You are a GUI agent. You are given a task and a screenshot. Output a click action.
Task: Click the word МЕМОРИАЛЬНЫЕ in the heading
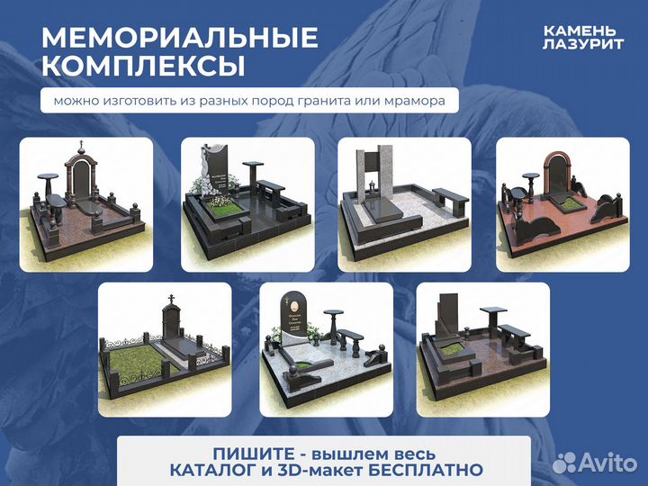(180, 38)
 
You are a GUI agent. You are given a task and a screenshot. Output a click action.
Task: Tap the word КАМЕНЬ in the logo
(580, 31)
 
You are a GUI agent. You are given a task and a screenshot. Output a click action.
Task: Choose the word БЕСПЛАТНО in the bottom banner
(432, 470)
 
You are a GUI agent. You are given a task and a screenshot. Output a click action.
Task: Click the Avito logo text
(608, 463)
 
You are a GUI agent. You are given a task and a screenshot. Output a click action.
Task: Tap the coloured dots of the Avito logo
(565, 462)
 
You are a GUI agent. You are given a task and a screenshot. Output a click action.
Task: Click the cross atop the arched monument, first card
(82, 145)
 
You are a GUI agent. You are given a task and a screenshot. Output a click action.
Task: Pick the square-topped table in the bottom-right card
(493, 313)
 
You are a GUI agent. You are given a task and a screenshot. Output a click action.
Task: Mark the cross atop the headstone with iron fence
(168, 299)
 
